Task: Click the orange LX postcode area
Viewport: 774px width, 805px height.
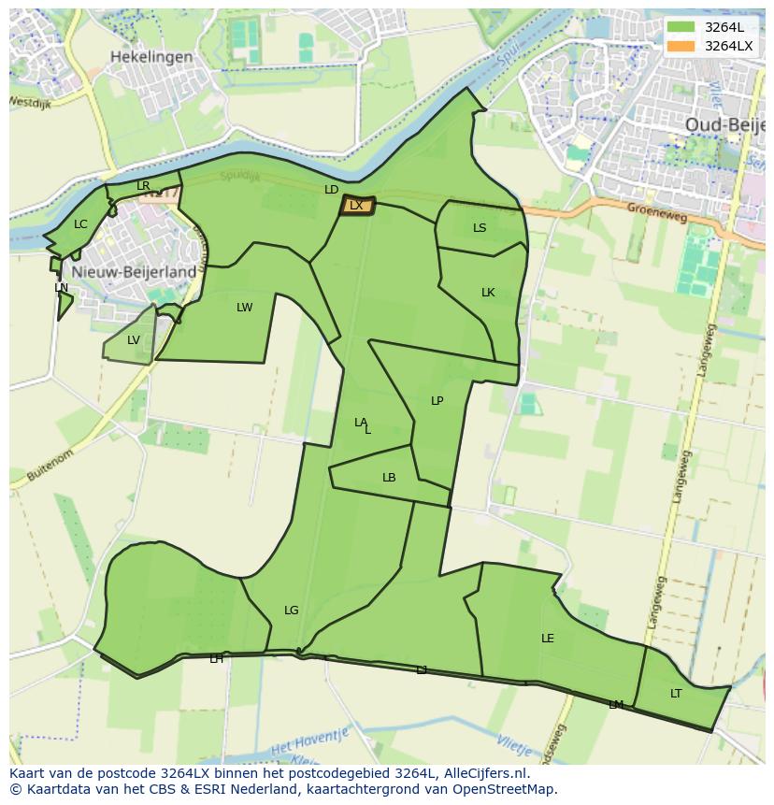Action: [x=356, y=206]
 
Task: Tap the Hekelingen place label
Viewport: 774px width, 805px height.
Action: [x=151, y=56]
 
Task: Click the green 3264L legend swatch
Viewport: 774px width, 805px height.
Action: [x=681, y=27]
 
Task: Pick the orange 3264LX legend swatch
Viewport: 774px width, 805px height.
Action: [x=681, y=46]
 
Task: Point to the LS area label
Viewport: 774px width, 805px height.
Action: [x=480, y=228]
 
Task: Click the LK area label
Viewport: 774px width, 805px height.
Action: [x=488, y=293]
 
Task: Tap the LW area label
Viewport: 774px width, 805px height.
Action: [x=244, y=308]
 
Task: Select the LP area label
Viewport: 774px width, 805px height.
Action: [x=437, y=401]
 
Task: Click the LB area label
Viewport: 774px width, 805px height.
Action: [x=389, y=478]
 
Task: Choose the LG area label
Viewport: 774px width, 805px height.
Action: [x=292, y=611]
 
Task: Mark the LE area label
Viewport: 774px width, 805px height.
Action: [x=548, y=639]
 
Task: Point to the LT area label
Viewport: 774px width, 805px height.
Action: [x=676, y=694]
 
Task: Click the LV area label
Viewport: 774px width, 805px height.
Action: [x=133, y=340]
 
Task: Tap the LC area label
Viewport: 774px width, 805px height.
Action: [x=80, y=224]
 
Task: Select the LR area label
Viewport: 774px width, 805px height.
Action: [x=143, y=186]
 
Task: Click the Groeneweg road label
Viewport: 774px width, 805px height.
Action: [x=656, y=209]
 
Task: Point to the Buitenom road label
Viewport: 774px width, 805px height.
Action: [x=50, y=465]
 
